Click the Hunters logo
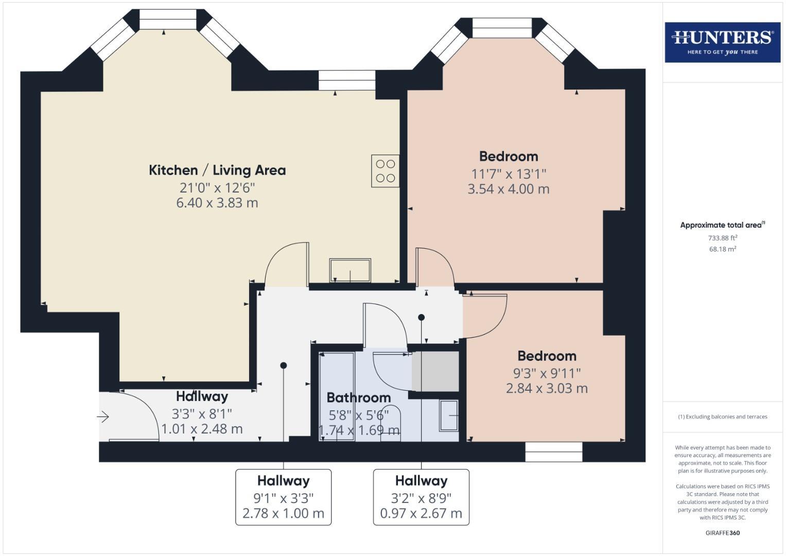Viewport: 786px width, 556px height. [x=722, y=42]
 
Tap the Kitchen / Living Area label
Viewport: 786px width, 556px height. [x=217, y=170]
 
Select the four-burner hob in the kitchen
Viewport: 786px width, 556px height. [x=385, y=171]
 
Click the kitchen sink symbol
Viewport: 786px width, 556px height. [x=350, y=270]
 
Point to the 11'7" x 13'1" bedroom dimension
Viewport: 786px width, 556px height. [x=508, y=174]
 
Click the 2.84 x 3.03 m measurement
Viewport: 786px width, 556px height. [x=547, y=388]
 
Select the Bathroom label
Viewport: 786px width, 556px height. [x=359, y=397]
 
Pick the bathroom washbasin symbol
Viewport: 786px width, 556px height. [x=449, y=415]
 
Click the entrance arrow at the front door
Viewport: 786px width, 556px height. [x=103, y=416]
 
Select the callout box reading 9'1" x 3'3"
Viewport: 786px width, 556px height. [x=283, y=497]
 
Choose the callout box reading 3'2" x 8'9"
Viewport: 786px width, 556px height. [x=421, y=497]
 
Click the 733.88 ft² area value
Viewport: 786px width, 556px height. [x=722, y=238]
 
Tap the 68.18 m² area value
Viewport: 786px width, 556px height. [x=722, y=249]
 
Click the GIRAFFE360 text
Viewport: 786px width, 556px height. [x=722, y=533]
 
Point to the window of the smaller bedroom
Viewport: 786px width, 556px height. [x=554, y=451]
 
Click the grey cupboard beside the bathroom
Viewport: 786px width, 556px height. [x=435, y=371]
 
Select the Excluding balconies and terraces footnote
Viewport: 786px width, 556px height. [x=722, y=416]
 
